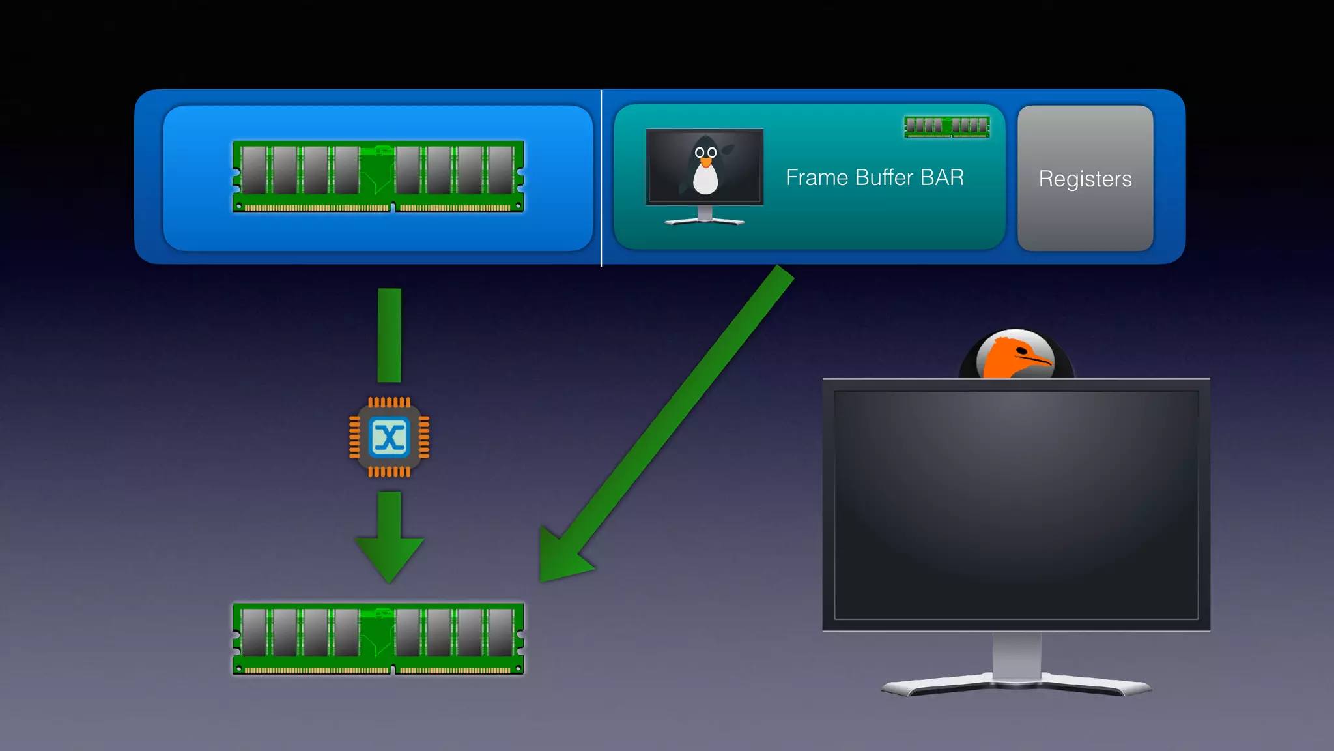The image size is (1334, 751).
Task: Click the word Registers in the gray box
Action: pos(1085,179)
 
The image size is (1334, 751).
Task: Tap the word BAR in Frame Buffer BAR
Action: pos(942,177)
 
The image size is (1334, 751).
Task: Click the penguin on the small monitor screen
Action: pos(705,167)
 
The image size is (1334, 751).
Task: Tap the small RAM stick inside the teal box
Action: pos(947,126)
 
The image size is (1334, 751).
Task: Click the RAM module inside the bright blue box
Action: pos(378,177)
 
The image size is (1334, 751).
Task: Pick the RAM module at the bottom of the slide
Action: pos(378,639)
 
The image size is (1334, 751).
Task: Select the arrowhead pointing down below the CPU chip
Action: pos(390,557)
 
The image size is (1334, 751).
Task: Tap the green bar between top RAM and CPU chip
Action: pos(390,335)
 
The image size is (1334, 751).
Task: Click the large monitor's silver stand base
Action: pos(1016,685)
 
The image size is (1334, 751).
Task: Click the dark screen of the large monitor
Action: pos(1016,505)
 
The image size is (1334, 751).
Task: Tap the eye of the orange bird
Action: pos(1021,351)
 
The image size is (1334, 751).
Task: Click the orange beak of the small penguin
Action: pos(705,162)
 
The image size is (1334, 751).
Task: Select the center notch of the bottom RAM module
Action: pos(393,669)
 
